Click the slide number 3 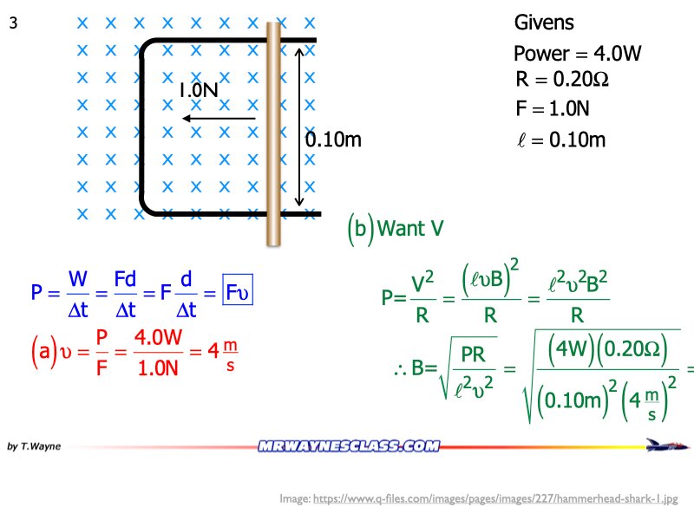pyautogui.click(x=13, y=24)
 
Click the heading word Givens pyautogui.click(x=544, y=23)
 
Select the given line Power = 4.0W pyautogui.click(x=577, y=54)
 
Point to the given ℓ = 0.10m pyautogui.click(x=560, y=140)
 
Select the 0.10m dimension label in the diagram pyautogui.click(x=333, y=140)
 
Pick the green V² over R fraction pyautogui.click(x=422, y=299)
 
